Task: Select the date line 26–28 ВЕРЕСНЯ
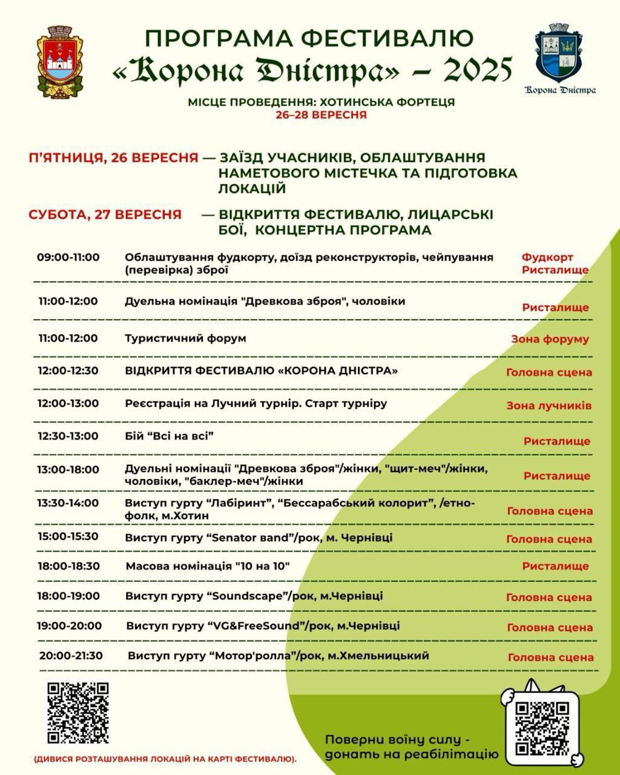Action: click(x=321, y=115)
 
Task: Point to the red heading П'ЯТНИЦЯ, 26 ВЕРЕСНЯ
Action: click(x=113, y=158)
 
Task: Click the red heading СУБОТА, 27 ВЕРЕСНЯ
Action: click(x=105, y=214)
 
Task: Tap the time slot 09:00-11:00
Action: click(x=68, y=257)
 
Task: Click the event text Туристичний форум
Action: click(x=185, y=338)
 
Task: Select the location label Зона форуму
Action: click(x=550, y=339)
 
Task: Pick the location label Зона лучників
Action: click(x=549, y=406)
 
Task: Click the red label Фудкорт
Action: click(x=547, y=257)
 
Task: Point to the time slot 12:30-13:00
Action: click(x=68, y=436)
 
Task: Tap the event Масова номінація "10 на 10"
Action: click(x=208, y=567)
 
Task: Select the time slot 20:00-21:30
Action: click(x=71, y=656)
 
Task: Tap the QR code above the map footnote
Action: click(x=78, y=713)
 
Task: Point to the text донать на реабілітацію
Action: click(x=411, y=754)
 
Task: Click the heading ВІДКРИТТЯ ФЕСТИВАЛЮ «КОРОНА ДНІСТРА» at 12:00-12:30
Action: click(x=262, y=371)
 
